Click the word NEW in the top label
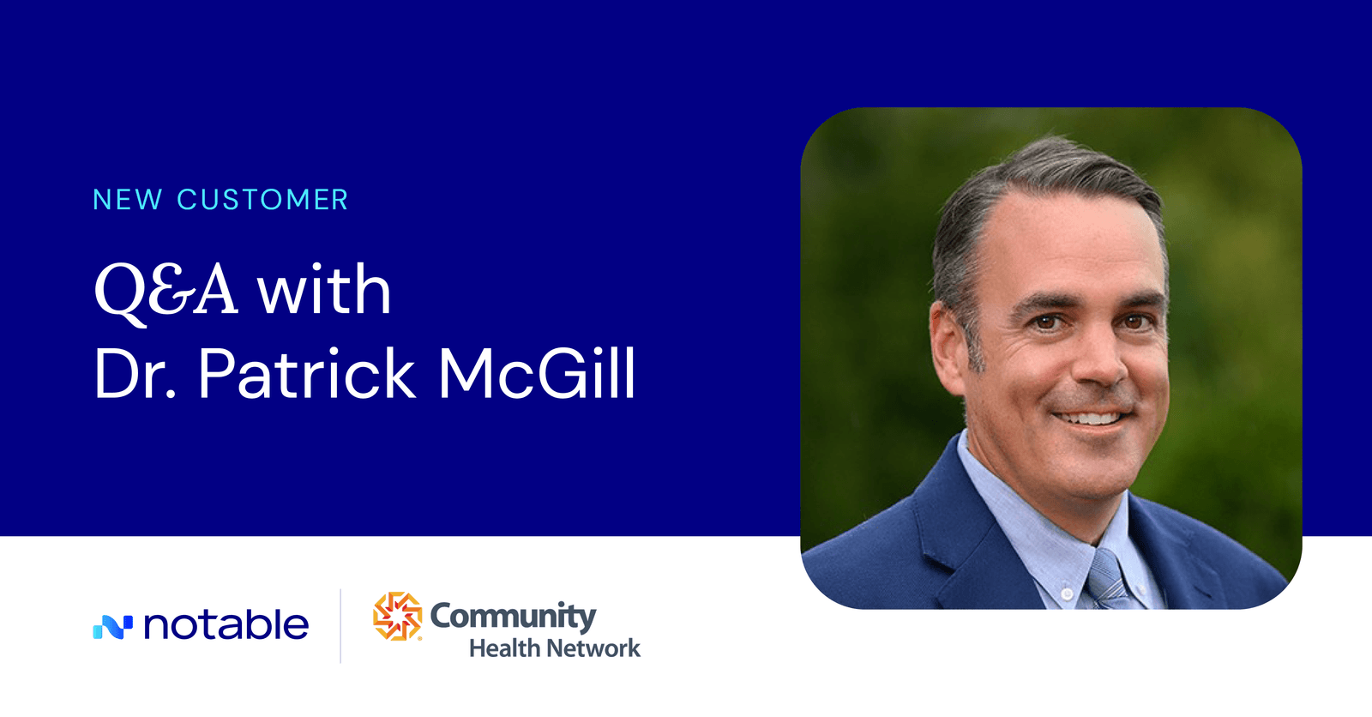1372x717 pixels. tap(127, 200)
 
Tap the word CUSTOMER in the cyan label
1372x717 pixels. tap(262, 200)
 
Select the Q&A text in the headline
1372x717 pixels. tap(165, 290)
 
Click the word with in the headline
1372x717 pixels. tap(324, 290)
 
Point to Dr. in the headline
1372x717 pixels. tap(135, 374)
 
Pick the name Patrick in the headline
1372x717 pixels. tap(307, 374)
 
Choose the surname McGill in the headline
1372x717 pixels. tap(537, 374)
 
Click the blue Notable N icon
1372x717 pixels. tap(112, 627)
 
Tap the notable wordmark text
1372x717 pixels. tap(226, 625)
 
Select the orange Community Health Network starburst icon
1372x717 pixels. tap(397, 616)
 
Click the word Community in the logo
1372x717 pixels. tap(513, 616)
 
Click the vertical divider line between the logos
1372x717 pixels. tap(340, 625)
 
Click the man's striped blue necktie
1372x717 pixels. tap(1107, 580)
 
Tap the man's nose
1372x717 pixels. tap(1100, 365)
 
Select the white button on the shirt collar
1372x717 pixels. tap(1067, 593)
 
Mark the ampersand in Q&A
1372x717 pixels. tap(178, 290)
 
